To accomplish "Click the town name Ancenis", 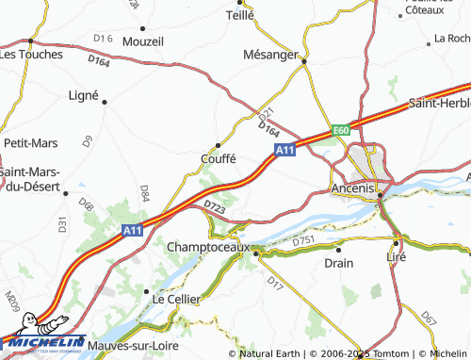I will click(353, 189).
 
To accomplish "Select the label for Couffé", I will click(218, 158).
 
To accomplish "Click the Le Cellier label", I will click(177, 298).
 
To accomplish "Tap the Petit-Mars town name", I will click(31, 143).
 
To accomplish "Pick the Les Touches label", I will click(31, 54).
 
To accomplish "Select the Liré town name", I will click(397, 255).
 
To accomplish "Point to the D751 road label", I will click(302, 242).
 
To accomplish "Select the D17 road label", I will click(274, 281).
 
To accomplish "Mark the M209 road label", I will click(11, 302).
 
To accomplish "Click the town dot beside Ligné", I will click(105, 102).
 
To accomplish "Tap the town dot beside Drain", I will click(338, 250).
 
